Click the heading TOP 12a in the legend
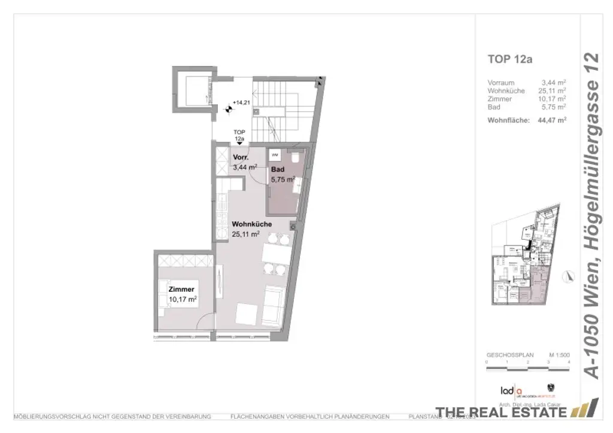pyautogui.click(x=510, y=59)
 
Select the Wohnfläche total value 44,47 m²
pyautogui.click(x=552, y=120)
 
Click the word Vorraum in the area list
pyautogui.click(x=501, y=83)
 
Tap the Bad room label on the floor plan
pyautogui.click(x=277, y=169)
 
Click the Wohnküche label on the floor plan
pyautogui.click(x=251, y=224)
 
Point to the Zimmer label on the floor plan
pyautogui.click(x=181, y=289)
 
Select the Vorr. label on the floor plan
pyautogui.click(x=241, y=158)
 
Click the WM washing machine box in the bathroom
pyautogui.click(x=275, y=155)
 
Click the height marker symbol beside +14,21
pyautogui.click(x=228, y=109)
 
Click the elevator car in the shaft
pyautogui.click(x=195, y=90)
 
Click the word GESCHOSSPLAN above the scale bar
pyautogui.click(x=505, y=355)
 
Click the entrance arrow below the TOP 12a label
pyautogui.click(x=239, y=142)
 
